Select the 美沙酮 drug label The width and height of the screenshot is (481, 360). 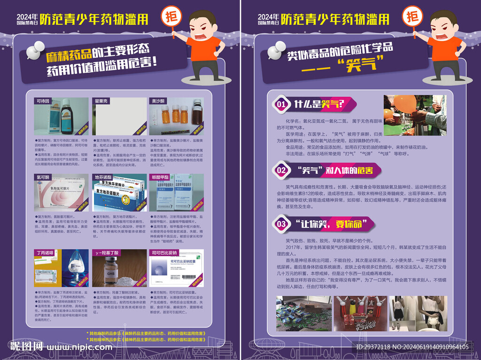point(157,101)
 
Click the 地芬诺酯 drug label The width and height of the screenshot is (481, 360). point(103,177)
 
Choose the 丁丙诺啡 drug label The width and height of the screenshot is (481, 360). point(44,252)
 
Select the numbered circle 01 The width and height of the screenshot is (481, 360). point(281,104)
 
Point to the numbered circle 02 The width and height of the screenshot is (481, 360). point(281,170)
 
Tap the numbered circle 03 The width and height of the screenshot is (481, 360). point(281,224)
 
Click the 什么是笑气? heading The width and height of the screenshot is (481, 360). point(319,103)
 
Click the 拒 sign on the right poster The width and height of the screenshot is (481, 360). point(412,17)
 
